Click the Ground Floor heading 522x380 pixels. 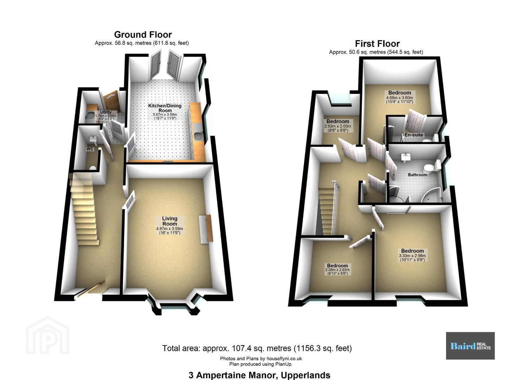click(143, 35)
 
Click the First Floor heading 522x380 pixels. click(377, 44)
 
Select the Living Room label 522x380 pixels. click(169, 221)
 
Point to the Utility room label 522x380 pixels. click(105, 112)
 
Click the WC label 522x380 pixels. click(90, 149)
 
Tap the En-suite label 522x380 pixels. click(414, 135)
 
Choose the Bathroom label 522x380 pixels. click(418, 175)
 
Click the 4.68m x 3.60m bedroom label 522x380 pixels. click(399, 93)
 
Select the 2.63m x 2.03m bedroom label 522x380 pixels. click(337, 121)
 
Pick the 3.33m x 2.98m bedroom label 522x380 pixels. click(412, 251)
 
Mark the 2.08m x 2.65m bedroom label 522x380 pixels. click(337, 266)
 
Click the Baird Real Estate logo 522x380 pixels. click(470, 346)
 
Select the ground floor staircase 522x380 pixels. click(84, 211)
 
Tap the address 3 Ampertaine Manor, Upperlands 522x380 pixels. click(259, 375)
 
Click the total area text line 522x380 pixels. click(257, 348)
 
